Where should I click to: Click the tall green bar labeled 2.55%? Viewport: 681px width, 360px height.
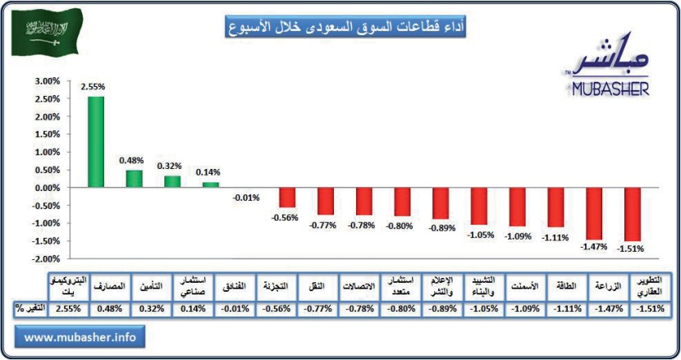point(96,141)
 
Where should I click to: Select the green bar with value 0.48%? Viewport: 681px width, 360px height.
point(134,178)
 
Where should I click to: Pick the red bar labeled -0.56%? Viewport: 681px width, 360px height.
point(287,197)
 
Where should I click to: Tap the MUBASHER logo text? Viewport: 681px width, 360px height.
point(609,88)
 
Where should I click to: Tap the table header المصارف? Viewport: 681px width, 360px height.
point(111,286)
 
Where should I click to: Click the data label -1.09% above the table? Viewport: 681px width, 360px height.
point(517,235)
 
